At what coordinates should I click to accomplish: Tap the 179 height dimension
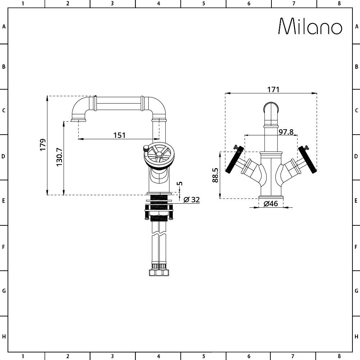pyautogui.click(x=43, y=145)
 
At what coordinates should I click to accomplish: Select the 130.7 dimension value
pyautogui.click(x=59, y=157)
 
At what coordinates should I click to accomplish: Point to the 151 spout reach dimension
pyautogui.click(x=120, y=135)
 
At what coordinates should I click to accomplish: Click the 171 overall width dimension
pyautogui.click(x=273, y=89)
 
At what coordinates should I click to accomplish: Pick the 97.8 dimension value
pyautogui.click(x=286, y=132)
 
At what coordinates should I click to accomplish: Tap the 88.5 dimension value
pyautogui.click(x=215, y=175)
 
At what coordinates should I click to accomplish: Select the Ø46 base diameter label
pyautogui.click(x=271, y=203)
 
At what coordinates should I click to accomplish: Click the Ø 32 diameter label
pyautogui.click(x=192, y=199)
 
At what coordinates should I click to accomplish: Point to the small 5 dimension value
pyautogui.click(x=180, y=183)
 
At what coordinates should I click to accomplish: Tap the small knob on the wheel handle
pyautogui.click(x=145, y=148)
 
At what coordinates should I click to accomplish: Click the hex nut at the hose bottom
pyautogui.click(x=159, y=273)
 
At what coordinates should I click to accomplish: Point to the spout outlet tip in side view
pyautogui.click(x=79, y=120)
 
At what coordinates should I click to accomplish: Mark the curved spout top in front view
pyautogui.click(x=271, y=108)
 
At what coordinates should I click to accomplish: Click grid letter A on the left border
pyautogui.click(x=4, y=27)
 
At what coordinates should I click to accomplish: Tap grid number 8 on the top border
pyautogui.click(x=339, y=4)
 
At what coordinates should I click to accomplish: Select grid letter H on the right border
pyautogui.click(x=356, y=337)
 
